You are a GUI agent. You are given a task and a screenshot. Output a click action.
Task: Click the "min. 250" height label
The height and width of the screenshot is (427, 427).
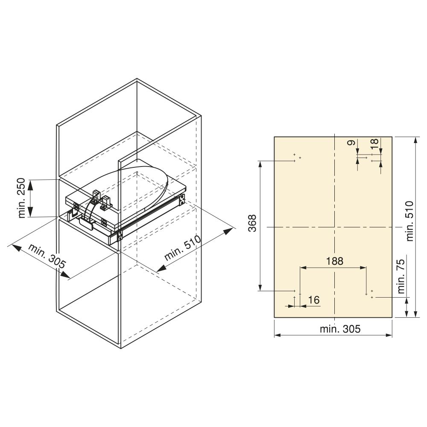(x=22, y=198)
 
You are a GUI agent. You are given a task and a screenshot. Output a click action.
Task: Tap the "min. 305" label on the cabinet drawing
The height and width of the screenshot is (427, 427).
(x=47, y=256)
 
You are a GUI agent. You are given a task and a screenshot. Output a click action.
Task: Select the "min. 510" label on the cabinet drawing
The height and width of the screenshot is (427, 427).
(x=182, y=248)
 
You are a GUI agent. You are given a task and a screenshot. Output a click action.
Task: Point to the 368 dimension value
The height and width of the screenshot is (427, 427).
(x=253, y=223)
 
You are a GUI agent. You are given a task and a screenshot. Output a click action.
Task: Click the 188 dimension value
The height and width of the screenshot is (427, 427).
(x=335, y=261)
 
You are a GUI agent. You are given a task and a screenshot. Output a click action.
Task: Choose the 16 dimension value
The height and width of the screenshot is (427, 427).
(x=314, y=300)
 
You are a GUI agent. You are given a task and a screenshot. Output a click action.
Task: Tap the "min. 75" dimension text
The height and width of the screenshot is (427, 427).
(x=401, y=276)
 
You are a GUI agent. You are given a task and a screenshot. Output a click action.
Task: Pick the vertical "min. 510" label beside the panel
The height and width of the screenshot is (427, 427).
(x=409, y=221)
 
